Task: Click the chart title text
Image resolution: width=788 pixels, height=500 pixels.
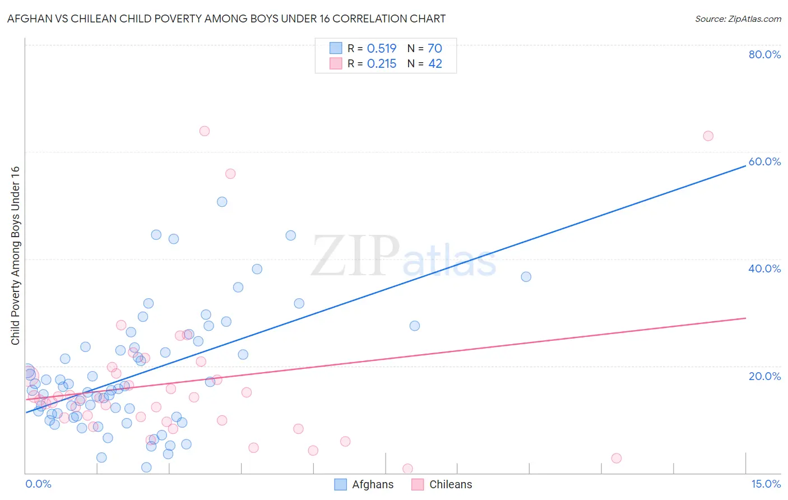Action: [x=226, y=18]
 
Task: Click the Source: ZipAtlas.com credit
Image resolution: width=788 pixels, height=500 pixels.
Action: [x=738, y=18]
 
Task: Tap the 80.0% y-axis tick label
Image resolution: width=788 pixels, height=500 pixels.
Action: [x=764, y=54]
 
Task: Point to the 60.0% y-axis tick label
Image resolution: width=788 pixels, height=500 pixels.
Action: [x=764, y=161]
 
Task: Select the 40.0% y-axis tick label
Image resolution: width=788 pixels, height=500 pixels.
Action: [x=764, y=268]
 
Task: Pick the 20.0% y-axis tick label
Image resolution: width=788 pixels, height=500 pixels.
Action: [x=764, y=376]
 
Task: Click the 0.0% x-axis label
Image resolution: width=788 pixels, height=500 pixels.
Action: [x=38, y=484]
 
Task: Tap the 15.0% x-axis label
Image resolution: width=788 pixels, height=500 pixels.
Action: [x=766, y=484]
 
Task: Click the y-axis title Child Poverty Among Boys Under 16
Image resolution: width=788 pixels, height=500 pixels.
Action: [x=16, y=256]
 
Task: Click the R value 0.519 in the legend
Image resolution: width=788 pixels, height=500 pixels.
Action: [x=382, y=49]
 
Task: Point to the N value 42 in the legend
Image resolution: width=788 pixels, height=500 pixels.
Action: [x=435, y=64]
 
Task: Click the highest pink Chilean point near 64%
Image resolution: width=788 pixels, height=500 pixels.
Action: [x=205, y=131]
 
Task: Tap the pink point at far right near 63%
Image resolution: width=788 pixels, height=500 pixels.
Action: [x=708, y=136]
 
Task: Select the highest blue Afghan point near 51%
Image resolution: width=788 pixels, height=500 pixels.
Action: [x=222, y=202]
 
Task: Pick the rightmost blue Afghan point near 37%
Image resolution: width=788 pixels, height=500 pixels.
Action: [x=526, y=277]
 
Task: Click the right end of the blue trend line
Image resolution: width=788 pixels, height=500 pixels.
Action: [x=745, y=166]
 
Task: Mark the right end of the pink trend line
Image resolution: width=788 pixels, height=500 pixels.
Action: [x=745, y=318]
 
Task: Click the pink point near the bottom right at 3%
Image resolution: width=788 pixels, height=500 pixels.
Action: [x=617, y=458]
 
